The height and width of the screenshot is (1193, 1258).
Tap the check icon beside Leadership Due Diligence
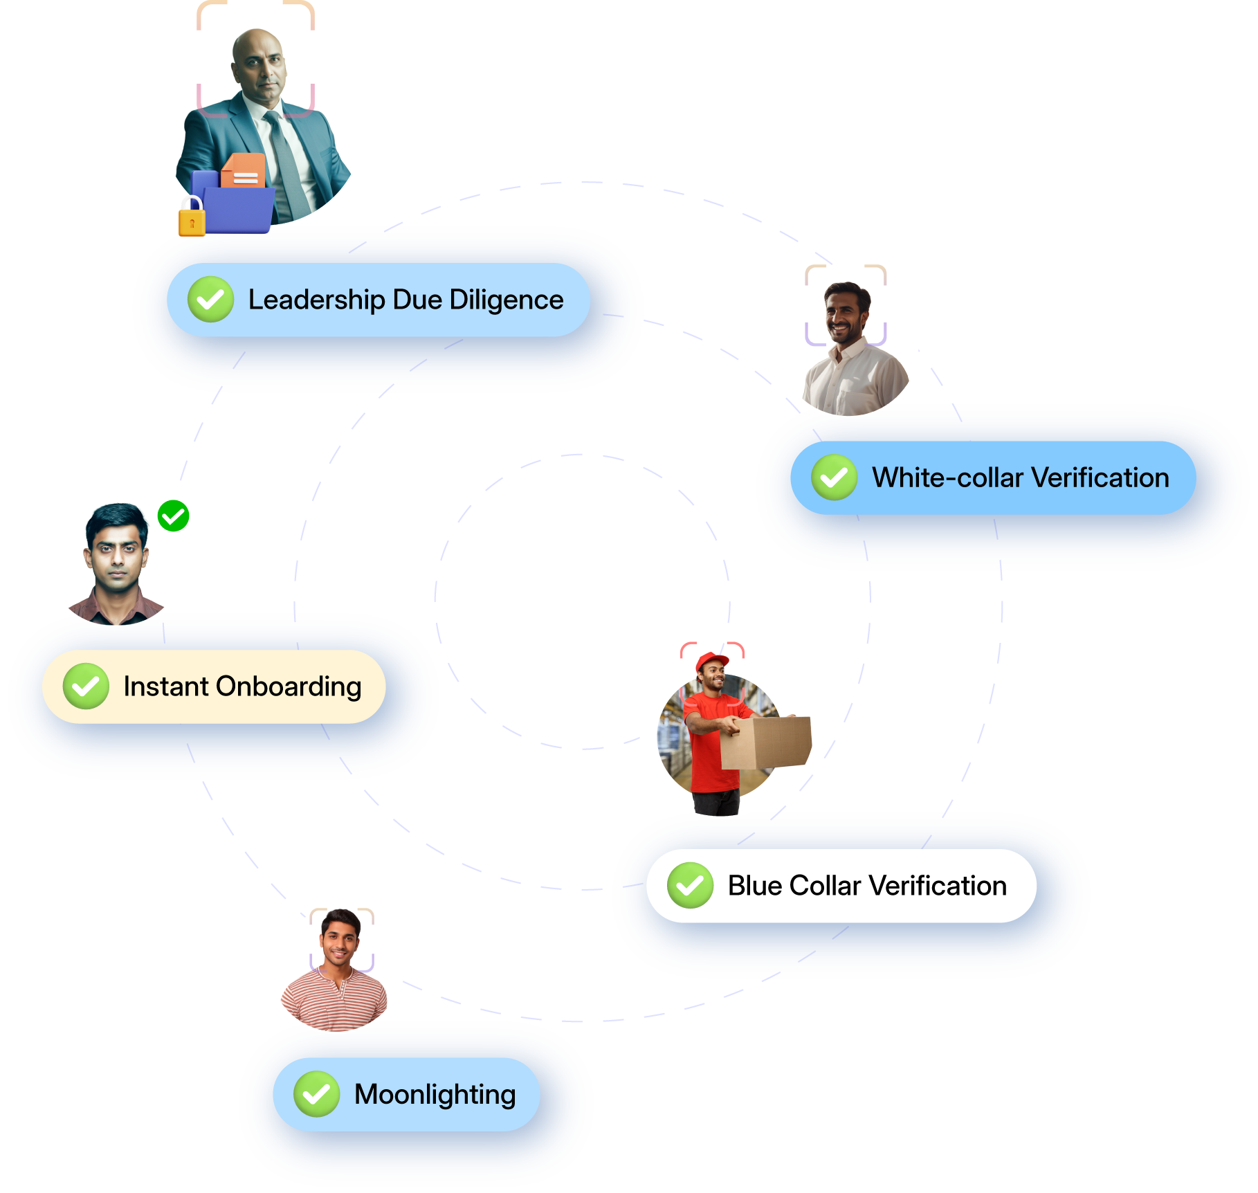210,300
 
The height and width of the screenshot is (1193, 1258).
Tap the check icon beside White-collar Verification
834,477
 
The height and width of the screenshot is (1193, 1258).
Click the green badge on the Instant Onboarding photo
173,516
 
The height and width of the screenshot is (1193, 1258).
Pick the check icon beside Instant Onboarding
86,686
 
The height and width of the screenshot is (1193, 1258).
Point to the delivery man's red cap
712,661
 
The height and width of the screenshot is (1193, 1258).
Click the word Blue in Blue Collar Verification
755,886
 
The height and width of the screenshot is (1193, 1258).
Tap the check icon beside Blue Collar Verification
690,885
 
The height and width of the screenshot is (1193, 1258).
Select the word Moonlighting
435,1095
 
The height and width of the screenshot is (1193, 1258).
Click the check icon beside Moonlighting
316,1094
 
